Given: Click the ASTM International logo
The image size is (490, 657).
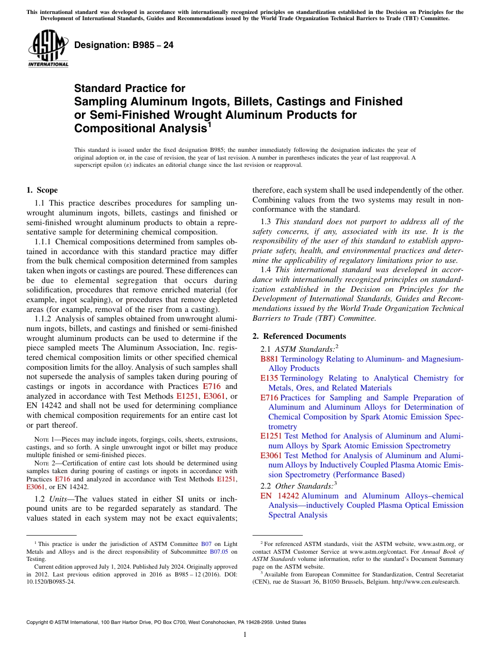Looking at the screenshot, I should pos(48,49).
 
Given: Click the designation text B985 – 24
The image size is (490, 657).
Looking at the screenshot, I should pos(124,45).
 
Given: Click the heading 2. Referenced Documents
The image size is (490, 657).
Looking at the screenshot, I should pos(299,336).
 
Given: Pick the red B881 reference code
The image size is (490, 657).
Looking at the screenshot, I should pos(269,359).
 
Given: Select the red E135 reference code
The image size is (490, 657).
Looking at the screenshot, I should pos(269,378).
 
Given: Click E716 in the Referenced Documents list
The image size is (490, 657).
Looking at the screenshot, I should pos(269,398).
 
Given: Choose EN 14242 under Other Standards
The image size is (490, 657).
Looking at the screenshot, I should pos(280,496).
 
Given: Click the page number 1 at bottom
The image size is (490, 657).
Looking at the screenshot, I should pos(245,634).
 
